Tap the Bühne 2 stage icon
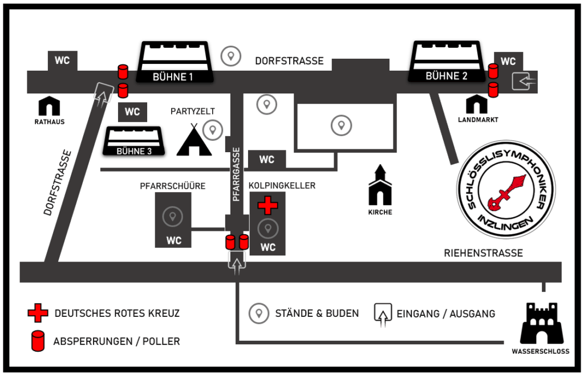(x=447, y=61)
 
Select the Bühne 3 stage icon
(x=134, y=141)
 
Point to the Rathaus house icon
(x=50, y=105)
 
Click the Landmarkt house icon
(x=477, y=104)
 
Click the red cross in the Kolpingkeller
(x=267, y=205)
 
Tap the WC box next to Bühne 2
(x=508, y=62)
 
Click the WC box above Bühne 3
(x=132, y=112)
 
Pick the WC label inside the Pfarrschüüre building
(x=174, y=241)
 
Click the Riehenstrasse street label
(x=483, y=253)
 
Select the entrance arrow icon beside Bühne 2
(x=524, y=82)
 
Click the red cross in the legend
(x=38, y=313)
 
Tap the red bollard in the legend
(x=38, y=341)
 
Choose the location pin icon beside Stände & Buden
(x=259, y=313)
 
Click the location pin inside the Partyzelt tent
(x=213, y=131)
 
